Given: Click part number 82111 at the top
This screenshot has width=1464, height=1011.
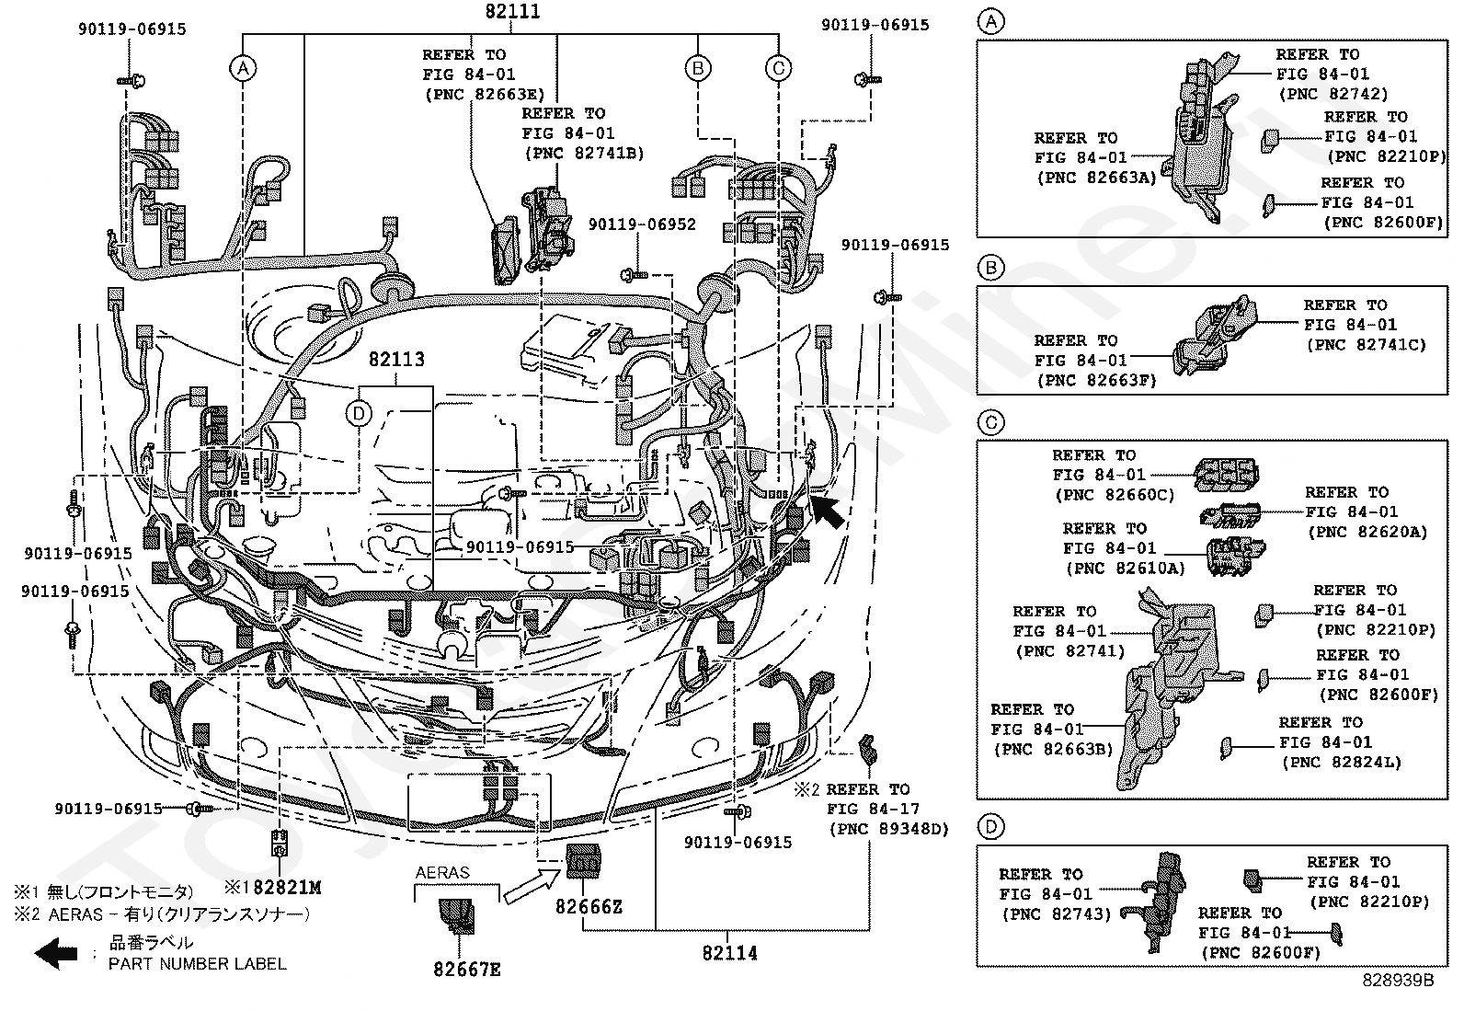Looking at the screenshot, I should click(512, 12).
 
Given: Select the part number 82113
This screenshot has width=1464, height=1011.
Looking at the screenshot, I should click(397, 360).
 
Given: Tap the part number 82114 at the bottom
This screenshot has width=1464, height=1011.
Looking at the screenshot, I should click(729, 953).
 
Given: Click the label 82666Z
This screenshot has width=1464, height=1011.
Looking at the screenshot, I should click(589, 907).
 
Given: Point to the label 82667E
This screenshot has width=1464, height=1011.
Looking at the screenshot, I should click(467, 969).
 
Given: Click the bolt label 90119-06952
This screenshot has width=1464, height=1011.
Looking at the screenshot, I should click(642, 224).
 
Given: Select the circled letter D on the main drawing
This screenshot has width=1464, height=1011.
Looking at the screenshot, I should click(359, 414).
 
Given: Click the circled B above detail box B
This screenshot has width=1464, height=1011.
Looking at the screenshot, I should click(990, 269).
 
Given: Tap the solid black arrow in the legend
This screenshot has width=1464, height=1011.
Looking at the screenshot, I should click(56, 953).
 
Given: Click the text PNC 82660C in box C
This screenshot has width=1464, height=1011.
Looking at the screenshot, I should click(1114, 495).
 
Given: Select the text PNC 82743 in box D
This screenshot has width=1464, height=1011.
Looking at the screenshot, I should click(1057, 914).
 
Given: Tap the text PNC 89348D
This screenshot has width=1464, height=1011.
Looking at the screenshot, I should click(888, 829).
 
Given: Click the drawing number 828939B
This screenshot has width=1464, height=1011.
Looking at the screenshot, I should click(1398, 981).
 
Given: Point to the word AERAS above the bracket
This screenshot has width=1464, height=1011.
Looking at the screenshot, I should click(442, 872).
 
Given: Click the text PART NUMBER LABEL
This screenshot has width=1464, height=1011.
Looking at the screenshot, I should click(197, 964).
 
